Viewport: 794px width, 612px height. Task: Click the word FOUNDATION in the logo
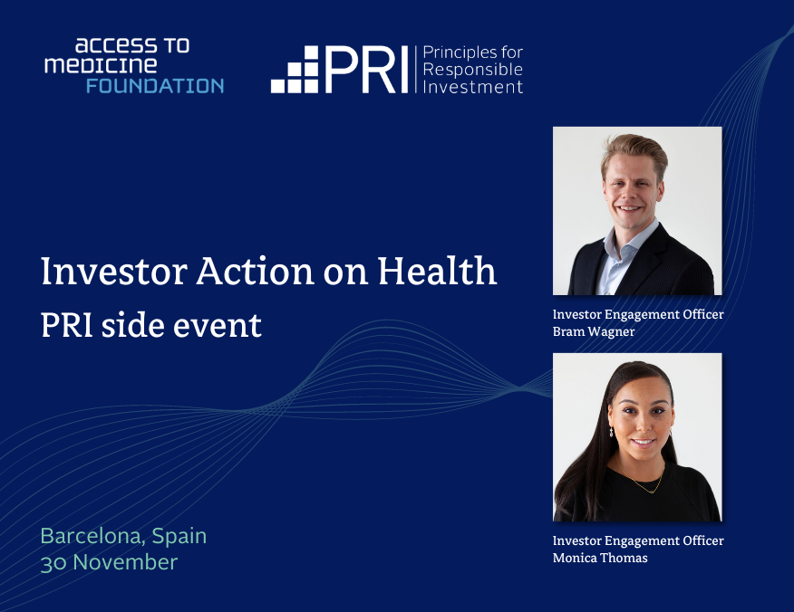[x=155, y=86]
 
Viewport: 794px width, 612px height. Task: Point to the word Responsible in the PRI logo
[x=473, y=70]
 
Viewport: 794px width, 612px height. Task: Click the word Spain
[x=179, y=536]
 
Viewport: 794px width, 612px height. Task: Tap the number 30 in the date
[x=53, y=562]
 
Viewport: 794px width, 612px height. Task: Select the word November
[x=125, y=562]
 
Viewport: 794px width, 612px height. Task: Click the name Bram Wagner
[x=595, y=330]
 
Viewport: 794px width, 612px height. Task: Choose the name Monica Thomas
[x=600, y=558]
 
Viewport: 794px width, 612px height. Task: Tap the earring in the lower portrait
[x=611, y=431]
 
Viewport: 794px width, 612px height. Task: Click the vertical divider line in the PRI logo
[x=416, y=70]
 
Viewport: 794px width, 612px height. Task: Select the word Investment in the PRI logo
[x=473, y=87]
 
